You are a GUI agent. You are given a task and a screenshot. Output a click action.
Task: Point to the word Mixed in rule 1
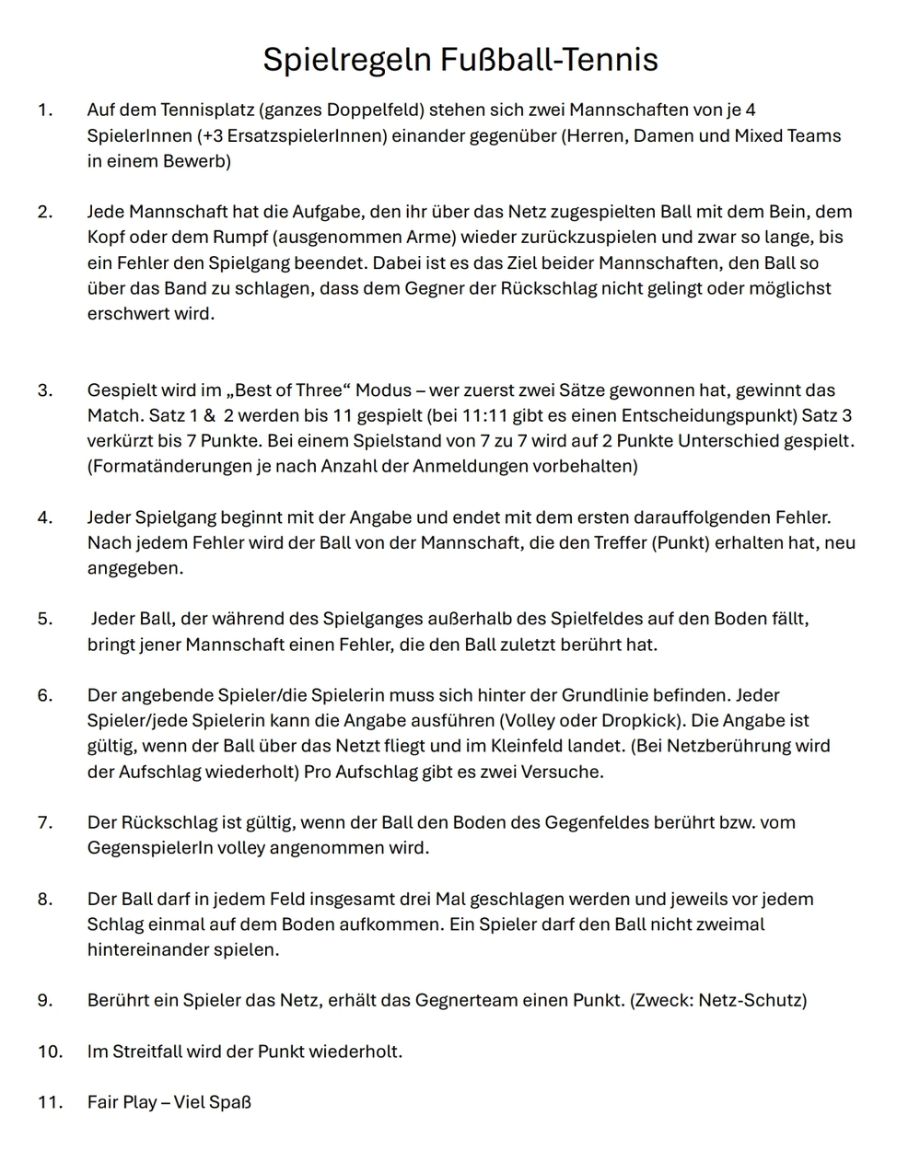click(x=760, y=136)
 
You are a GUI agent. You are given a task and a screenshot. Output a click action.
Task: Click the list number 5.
click(x=45, y=619)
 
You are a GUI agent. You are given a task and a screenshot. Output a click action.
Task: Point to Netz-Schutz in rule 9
click(x=750, y=1000)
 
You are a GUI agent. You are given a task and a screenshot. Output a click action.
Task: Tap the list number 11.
click(x=50, y=1102)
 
